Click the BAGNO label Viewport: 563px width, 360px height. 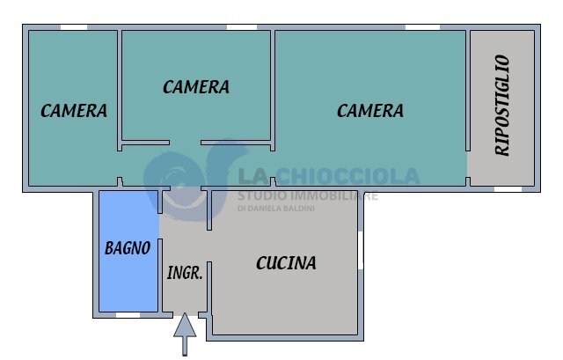(x=128, y=248)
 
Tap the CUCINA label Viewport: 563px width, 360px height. (x=286, y=263)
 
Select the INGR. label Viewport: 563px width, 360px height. (x=185, y=273)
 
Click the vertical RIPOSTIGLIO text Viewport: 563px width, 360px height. (x=502, y=106)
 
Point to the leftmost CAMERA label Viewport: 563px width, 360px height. (x=74, y=111)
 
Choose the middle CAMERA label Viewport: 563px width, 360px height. (x=196, y=87)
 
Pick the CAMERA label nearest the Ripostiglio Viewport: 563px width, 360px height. (x=370, y=111)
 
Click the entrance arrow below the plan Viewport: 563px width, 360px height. (x=185, y=334)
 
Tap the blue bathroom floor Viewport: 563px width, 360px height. (x=128, y=252)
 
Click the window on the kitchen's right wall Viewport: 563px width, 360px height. (x=361, y=250)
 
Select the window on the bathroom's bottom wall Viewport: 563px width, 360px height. (x=128, y=315)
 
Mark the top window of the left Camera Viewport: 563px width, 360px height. (x=74, y=27)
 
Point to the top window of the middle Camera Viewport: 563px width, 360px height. (x=242, y=27)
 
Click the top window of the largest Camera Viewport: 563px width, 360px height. (x=422, y=27)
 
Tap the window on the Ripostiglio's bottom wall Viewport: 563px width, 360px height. (x=508, y=189)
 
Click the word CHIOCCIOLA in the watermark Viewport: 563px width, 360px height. (x=347, y=176)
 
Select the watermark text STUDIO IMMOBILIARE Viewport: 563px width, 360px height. (x=308, y=195)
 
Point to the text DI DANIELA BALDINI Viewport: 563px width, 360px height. (x=275, y=208)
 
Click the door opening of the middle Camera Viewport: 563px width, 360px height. (x=185, y=143)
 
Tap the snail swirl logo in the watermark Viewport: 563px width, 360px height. (x=186, y=181)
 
